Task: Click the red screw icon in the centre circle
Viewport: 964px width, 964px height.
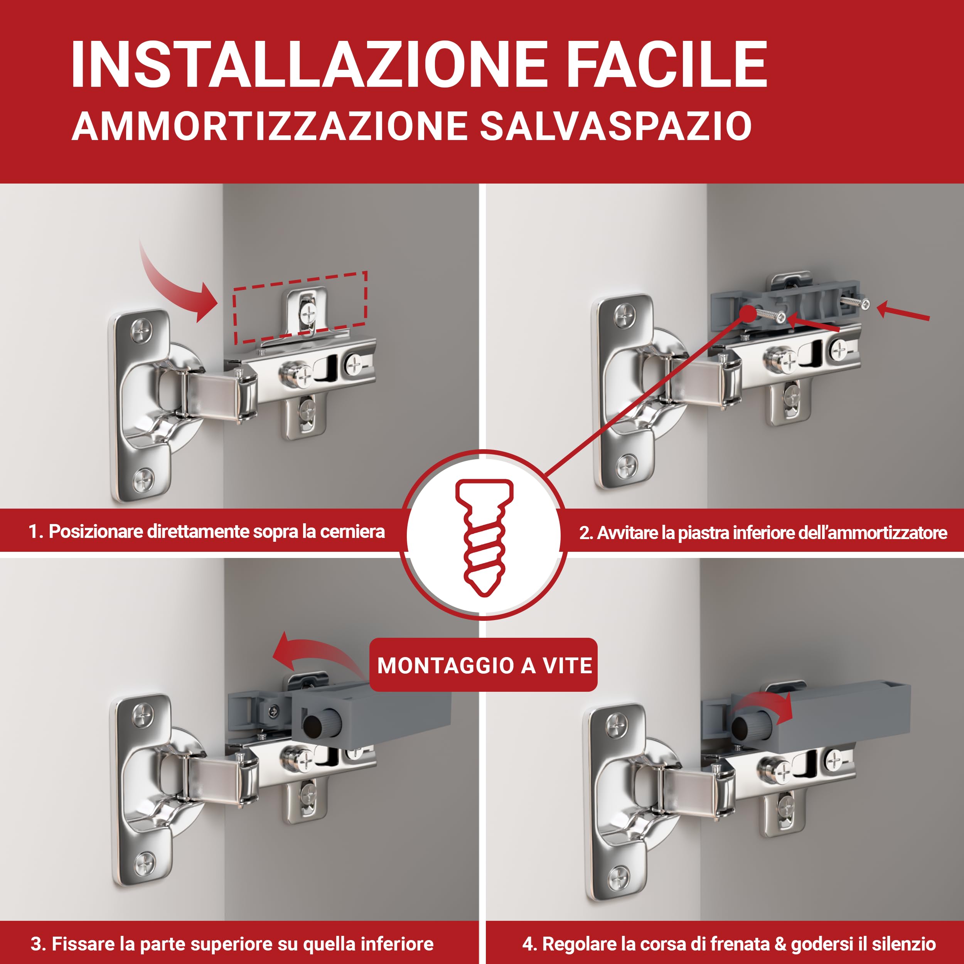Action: tap(483, 538)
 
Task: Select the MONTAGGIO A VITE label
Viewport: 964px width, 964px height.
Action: tap(484, 665)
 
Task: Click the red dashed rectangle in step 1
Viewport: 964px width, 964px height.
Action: tap(301, 307)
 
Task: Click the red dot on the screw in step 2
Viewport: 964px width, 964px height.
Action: tap(748, 313)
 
